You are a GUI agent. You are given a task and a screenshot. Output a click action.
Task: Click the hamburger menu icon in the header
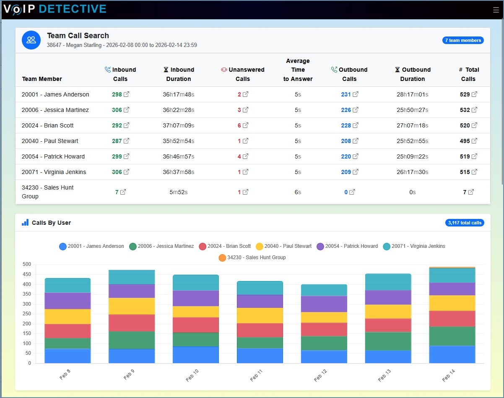(x=496, y=10)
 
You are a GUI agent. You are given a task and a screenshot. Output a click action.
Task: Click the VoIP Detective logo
(x=55, y=9)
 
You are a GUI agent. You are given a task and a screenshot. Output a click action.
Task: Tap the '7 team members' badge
(x=463, y=40)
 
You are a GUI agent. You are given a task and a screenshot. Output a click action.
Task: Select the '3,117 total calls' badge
(x=465, y=223)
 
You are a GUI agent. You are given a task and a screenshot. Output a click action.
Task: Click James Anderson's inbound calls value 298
(x=117, y=94)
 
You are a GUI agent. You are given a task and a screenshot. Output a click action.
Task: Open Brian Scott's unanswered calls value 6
(x=239, y=125)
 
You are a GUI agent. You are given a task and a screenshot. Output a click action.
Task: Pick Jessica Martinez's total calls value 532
(x=465, y=110)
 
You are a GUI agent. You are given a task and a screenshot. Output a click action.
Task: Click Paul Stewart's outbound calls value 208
(x=346, y=141)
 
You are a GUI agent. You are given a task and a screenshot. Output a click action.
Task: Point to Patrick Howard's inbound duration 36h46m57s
(x=179, y=156)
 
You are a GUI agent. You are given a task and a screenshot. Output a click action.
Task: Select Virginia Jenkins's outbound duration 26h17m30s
(x=412, y=172)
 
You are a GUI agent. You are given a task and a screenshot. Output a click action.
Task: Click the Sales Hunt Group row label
(x=47, y=192)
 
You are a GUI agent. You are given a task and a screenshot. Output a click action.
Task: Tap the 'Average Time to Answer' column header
(x=298, y=70)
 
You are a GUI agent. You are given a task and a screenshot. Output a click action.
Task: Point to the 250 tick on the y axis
(x=27, y=314)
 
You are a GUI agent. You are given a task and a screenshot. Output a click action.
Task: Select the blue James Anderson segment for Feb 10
(x=196, y=354)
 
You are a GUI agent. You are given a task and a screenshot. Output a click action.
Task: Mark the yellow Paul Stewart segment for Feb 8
(x=68, y=316)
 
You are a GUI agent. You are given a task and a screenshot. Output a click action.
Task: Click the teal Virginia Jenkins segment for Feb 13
(x=388, y=282)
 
